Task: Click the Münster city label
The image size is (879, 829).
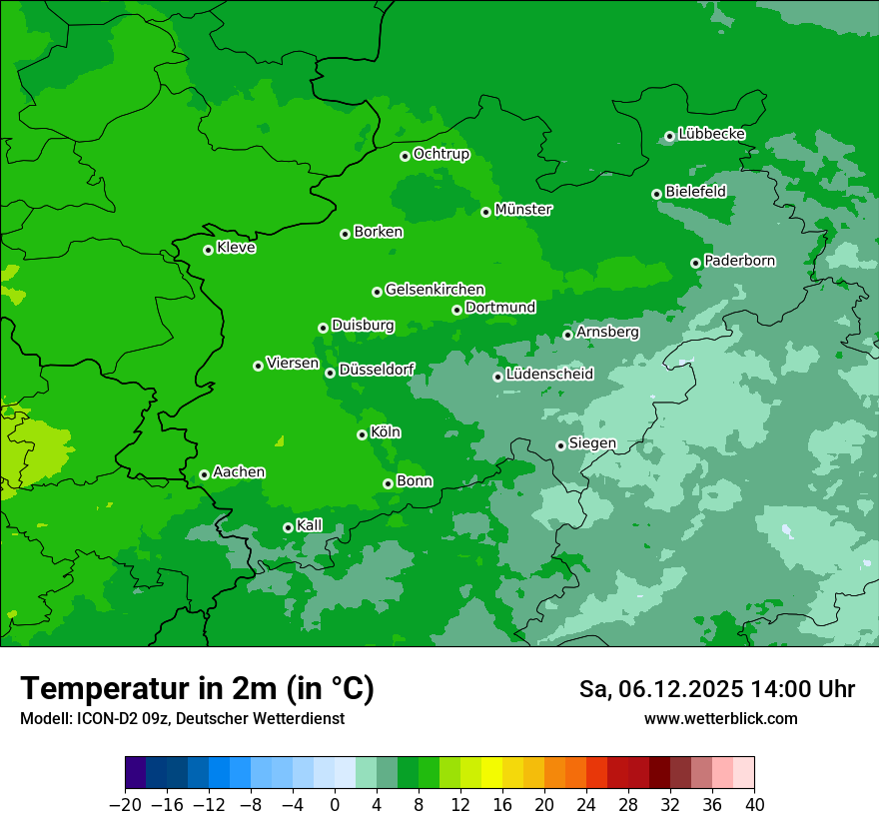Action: tap(523, 210)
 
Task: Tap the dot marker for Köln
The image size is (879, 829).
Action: tap(362, 434)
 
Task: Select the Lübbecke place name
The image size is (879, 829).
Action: tap(711, 134)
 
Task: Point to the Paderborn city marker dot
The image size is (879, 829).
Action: tap(696, 263)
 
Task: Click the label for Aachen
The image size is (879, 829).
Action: tap(239, 472)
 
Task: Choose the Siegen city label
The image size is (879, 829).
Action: tap(592, 443)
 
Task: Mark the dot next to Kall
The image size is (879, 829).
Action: tap(288, 527)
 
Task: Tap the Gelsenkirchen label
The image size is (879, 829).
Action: tap(435, 290)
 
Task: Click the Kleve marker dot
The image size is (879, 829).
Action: tap(208, 250)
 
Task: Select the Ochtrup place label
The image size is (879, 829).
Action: tap(440, 154)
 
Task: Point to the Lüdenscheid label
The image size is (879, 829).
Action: tap(549, 375)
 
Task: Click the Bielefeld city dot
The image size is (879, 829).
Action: tap(657, 194)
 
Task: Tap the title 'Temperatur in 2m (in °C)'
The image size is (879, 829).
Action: tap(197, 688)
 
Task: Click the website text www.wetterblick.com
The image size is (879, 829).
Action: tap(721, 718)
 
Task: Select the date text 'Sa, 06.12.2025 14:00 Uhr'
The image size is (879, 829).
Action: tap(716, 689)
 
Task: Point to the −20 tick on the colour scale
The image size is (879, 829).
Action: tap(125, 805)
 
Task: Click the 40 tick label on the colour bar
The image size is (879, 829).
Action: tap(754, 805)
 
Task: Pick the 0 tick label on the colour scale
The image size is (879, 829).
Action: tap(335, 805)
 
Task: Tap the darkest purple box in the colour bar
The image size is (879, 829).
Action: tap(135, 773)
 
